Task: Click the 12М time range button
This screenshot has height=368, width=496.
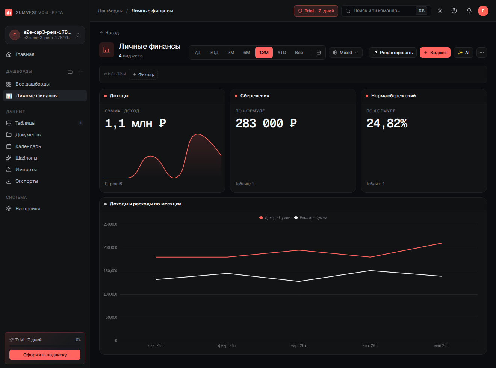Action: tap(264, 53)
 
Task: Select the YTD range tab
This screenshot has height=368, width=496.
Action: tap(281, 53)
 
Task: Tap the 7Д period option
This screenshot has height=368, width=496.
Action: tap(197, 53)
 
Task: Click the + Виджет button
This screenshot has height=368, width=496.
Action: tap(435, 53)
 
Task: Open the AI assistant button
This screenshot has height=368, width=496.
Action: tap(463, 53)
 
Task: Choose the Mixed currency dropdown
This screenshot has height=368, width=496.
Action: tap(345, 53)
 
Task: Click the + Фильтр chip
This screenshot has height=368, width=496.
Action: tap(143, 74)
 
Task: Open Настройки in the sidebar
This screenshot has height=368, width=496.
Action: tap(27, 208)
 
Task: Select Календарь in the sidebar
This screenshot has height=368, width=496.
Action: tap(28, 146)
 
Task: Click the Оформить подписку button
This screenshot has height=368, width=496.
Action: tap(45, 355)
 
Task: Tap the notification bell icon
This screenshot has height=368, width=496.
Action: tap(469, 11)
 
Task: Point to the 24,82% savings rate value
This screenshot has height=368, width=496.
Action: tap(387, 123)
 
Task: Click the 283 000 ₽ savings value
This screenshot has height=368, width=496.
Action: tap(266, 123)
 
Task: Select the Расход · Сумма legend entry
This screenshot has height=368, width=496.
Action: tap(311, 217)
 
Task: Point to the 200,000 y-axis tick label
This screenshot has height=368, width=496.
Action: tap(110, 247)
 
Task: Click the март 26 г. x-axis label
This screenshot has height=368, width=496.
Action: tap(299, 345)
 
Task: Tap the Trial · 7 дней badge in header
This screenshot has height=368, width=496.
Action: tap(316, 11)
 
